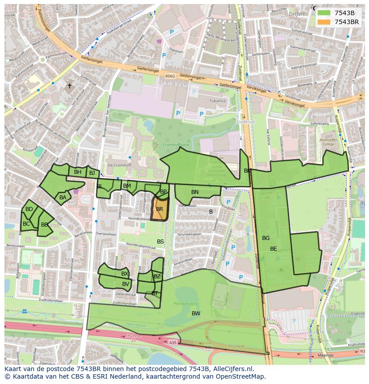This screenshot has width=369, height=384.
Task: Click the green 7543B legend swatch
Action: [324, 13]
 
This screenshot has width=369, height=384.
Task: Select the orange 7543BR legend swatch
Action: [324, 22]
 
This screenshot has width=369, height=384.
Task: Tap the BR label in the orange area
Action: [160, 209]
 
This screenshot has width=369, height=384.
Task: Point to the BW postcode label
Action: [196, 314]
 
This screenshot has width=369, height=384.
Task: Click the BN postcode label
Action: [195, 192]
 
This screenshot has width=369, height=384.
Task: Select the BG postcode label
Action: [266, 238]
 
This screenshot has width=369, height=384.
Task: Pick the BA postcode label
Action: [63, 198]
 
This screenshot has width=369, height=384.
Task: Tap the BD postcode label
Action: [29, 209]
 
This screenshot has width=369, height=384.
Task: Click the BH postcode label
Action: [78, 172]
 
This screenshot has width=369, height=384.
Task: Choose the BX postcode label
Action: [125, 274]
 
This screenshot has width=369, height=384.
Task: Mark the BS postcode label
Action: [160, 242]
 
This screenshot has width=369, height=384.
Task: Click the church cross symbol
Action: [69, 86]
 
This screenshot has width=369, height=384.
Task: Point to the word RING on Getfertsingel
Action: [170, 76]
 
